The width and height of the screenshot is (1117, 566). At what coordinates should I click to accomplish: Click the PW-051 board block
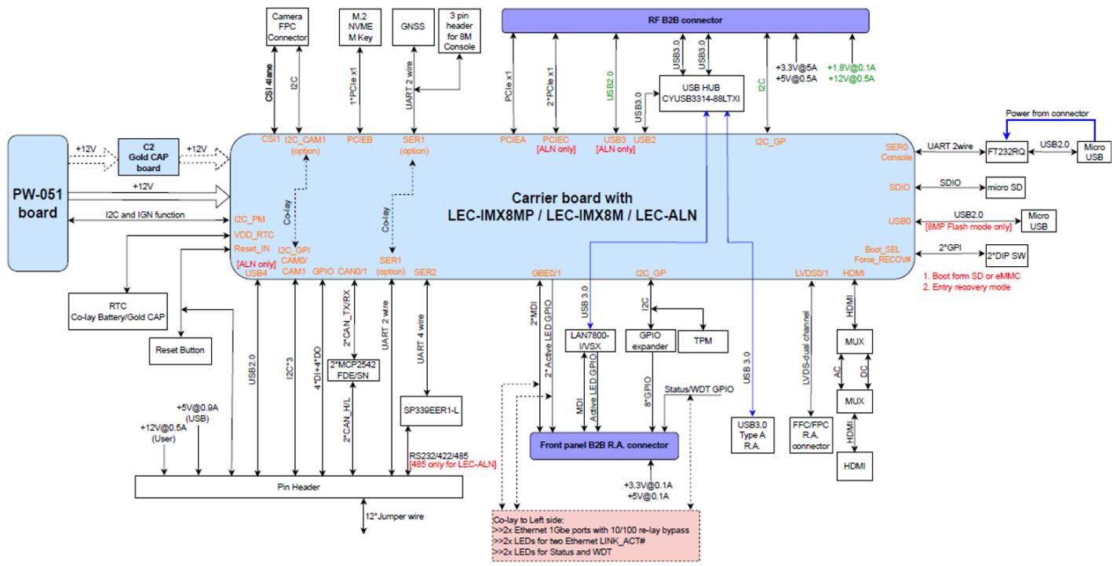click(x=38, y=203)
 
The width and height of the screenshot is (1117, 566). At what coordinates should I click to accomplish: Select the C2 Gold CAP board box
click(x=148, y=157)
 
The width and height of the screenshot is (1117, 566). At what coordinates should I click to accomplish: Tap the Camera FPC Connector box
click(x=287, y=27)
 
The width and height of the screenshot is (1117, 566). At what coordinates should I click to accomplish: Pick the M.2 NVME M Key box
click(x=360, y=27)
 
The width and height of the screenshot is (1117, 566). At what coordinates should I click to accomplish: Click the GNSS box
click(x=413, y=27)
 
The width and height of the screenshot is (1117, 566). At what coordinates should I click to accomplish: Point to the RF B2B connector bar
click(x=685, y=20)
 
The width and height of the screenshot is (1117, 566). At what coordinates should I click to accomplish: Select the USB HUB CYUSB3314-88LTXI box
click(x=702, y=93)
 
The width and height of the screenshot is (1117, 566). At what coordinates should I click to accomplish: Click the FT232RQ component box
click(x=1007, y=152)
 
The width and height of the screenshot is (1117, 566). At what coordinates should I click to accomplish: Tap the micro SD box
click(x=1006, y=188)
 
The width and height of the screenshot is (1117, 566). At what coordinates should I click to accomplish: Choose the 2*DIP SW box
click(x=1007, y=256)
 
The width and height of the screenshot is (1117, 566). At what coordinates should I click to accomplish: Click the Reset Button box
click(x=180, y=351)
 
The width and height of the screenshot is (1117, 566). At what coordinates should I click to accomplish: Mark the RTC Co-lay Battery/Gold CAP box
click(x=118, y=311)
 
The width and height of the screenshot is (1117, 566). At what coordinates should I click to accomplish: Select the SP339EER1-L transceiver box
click(x=431, y=411)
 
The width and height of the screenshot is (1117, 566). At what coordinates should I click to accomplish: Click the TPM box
click(x=703, y=341)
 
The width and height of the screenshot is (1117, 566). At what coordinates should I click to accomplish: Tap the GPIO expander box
click(x=650, y=341)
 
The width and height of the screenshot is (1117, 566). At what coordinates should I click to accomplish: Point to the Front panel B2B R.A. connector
click(x=604, y=445)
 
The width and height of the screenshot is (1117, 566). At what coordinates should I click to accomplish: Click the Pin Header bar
click(x=299, y=487)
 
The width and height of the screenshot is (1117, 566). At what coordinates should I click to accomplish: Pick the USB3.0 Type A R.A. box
click(x=753, y=435)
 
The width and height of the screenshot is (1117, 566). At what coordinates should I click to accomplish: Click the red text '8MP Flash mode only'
click(x=969, y=227)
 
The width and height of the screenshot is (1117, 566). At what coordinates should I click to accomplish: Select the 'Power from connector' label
click(x=1047, y=113)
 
